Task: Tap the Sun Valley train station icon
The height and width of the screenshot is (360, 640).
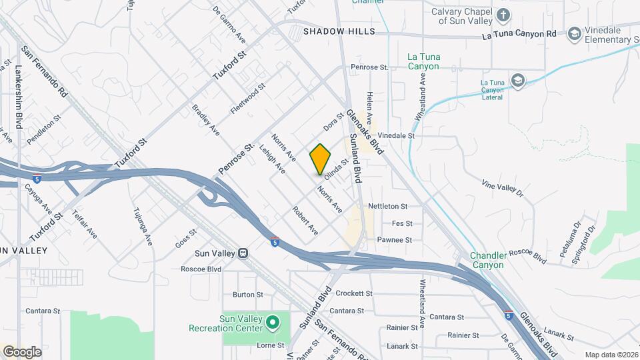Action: (x=244, y=253)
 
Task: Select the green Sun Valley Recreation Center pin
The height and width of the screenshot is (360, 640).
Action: (x=272, y=323)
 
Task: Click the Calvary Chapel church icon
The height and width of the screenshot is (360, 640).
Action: (x=505, y=15)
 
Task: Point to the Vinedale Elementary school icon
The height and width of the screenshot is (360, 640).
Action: (x=574, y=34)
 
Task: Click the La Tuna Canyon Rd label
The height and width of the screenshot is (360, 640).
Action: (x=523, y=34)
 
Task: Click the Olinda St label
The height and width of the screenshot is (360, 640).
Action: (x=337, y=169)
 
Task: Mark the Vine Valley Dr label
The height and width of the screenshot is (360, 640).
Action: (x=503, y=187)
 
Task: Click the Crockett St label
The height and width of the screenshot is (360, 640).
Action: (x=353, y=293)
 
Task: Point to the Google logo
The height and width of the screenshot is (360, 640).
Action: (x=23, y=352)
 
